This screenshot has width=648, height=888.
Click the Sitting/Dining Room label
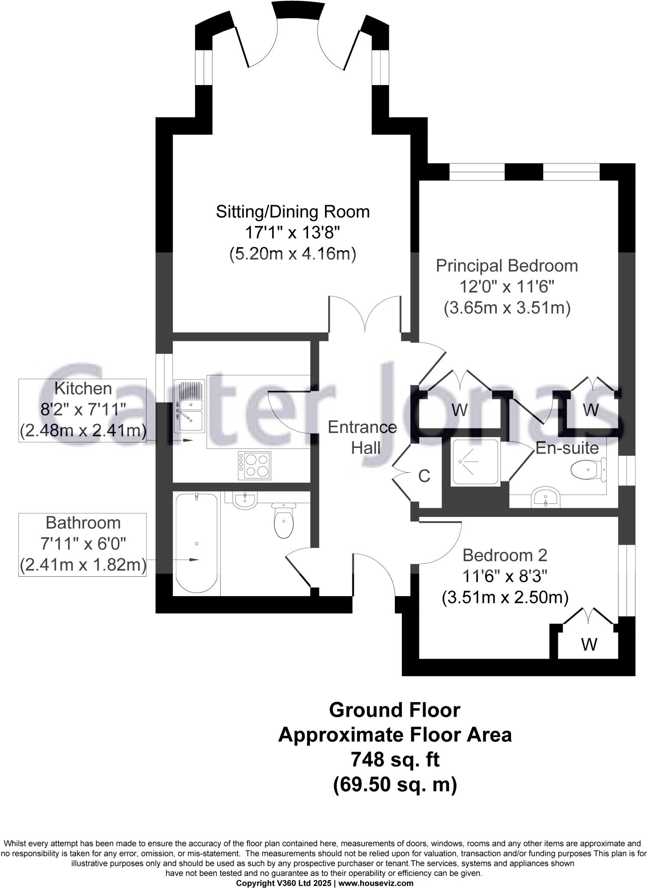[x=293, y=212]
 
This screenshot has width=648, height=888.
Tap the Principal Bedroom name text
[x=507, y=266]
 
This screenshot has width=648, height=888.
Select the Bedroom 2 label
[x=505, y=555]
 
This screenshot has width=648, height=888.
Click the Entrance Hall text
[x=362, y=437]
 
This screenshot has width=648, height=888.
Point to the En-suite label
[x=567, y=447]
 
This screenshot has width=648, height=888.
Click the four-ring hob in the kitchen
[x=254, y=466]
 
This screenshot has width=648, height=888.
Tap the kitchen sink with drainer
[x=190, y=406]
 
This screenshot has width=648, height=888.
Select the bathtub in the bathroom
[x=196, y=543]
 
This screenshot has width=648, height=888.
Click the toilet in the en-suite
[x=589, y=470]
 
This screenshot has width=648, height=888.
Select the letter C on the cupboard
[x=424, y=476]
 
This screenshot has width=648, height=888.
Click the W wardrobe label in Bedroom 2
[x=589, y=644]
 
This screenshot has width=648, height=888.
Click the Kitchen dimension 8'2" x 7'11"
[x=83, y=409]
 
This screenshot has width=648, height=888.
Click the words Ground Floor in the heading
[x=394, y=710]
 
